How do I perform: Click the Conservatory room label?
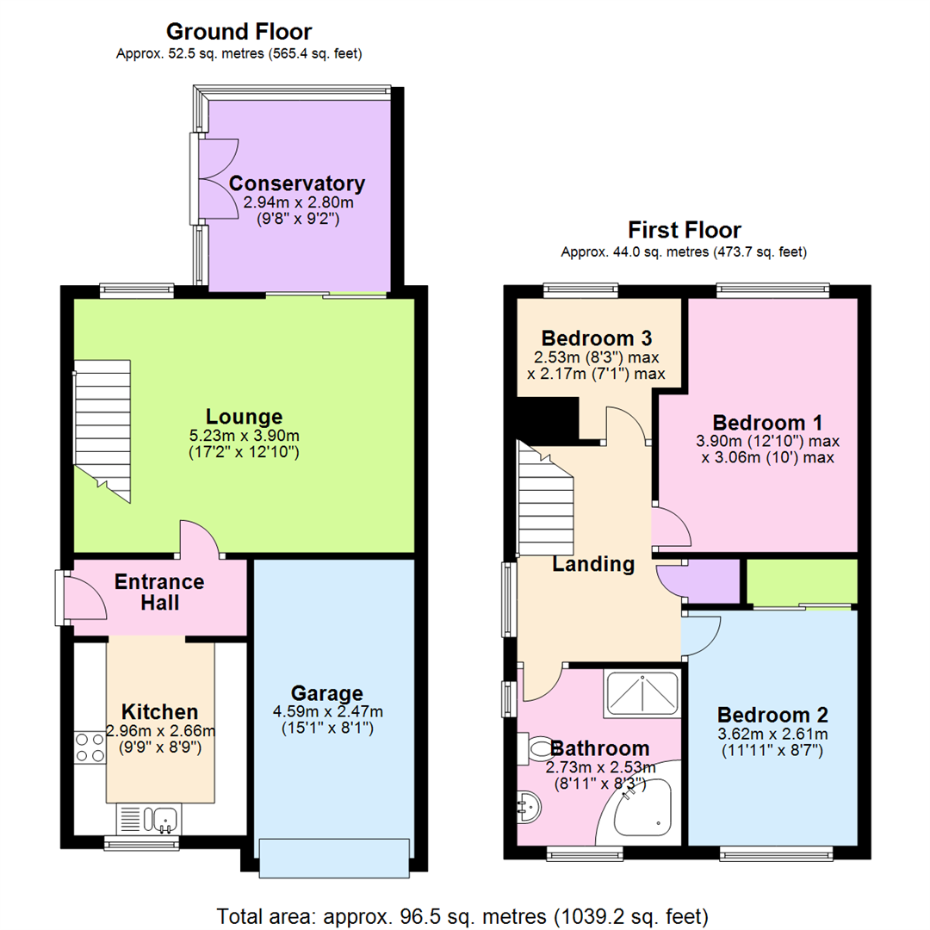(297, 183)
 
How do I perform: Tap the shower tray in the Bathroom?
(642, 694)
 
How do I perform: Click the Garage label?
(326, 693)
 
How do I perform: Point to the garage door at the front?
(332, 858)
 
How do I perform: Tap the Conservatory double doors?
(209, 180)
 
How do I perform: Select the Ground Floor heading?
(239, 32)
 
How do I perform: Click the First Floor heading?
(685, 230)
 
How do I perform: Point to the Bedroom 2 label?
(772, 716)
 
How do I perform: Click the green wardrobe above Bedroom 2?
(802, 581)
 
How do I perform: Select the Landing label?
(593, 565)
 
